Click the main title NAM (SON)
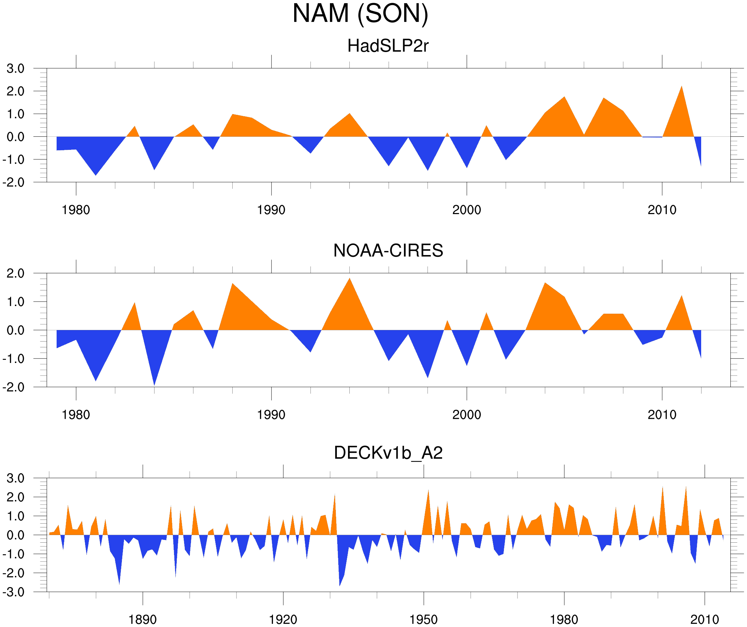pyautogui.click(x=360, y=14)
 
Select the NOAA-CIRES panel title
pyautogui.click(x=388, y=251)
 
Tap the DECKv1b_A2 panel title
pyautogui.click(x=388, y=453)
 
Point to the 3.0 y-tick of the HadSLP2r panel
pyautogui.click(x=16, y=69)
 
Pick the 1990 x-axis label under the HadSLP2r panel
pyautogui.click(x=271, y=210)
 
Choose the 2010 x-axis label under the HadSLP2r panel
pyautogui.click(x=662, y=210)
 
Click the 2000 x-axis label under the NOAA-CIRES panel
pyautogui.click(x=466, y=415)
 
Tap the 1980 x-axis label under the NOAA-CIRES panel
pyautogui.click(x=76, y=415)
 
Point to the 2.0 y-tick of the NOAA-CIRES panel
pyautogui.click(x=16, y=273)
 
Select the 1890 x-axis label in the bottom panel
pyautogui.click(x=142, y=619)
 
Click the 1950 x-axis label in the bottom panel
pyautogui.click(x=423, y=619)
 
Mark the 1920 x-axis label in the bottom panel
pyautogui.click(x=283, y=619)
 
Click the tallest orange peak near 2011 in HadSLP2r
pyautogui.click(x=681, y=87)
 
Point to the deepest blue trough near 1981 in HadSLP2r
pyautogui.click(x=96, y=174)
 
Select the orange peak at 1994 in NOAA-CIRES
pyautogui.click(x=350, y=279)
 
